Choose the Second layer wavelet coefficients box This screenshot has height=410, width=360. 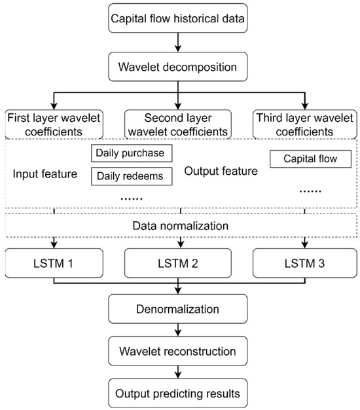click(178, 124)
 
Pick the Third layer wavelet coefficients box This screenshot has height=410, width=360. click(303, 124)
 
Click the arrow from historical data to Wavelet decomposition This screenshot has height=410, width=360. click(178, 43)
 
